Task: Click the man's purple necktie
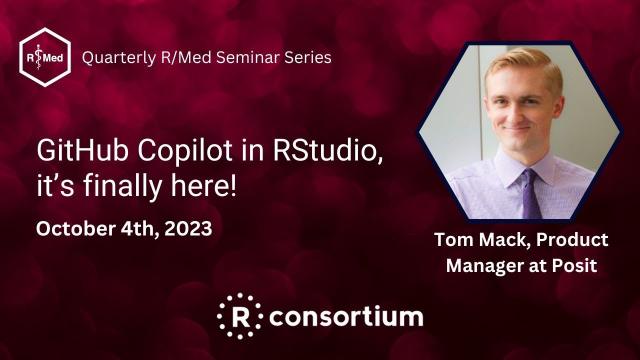click(529, 191)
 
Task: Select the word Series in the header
click(309, 57)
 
